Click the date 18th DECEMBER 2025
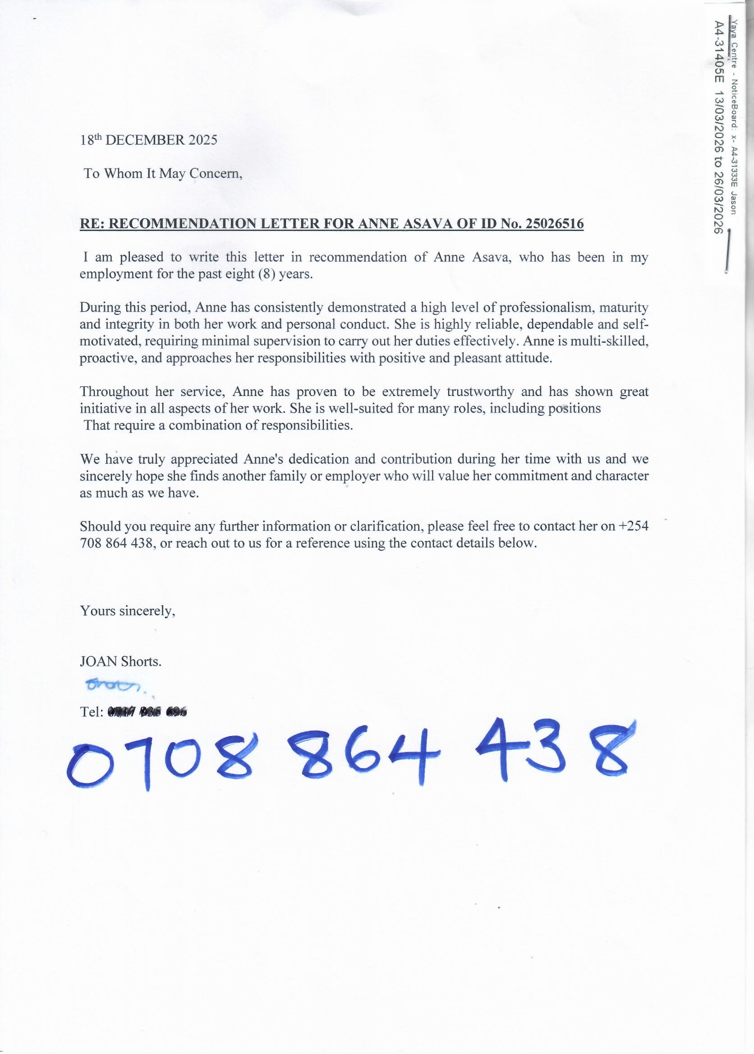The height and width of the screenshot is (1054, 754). (x=148, y=140)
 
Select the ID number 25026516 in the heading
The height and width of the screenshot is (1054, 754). (x=554, y=224)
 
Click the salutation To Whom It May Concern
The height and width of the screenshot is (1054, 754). (x=162, y=174)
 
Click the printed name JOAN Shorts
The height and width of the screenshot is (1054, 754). (x=121, y=661)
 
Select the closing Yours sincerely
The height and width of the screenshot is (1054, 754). (x=128, y=611)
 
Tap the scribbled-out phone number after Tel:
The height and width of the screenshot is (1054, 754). (x=147, y=712)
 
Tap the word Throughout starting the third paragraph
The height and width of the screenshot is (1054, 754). (x=114, y=391)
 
